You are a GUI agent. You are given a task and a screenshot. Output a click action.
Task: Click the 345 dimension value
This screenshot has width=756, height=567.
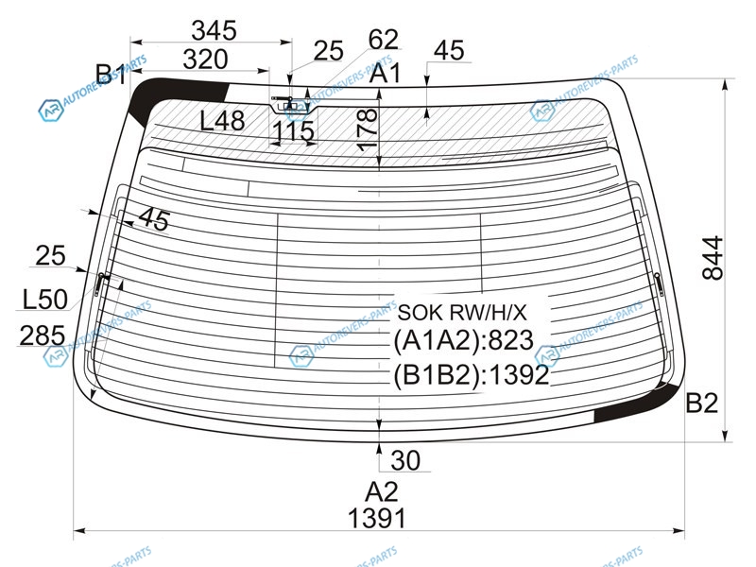(x=215, y=31)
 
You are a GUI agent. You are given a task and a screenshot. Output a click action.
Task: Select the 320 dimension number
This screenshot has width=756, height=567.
(x=205, y=60)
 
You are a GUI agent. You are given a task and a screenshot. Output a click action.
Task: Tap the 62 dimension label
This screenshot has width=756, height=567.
(x=384, y=40)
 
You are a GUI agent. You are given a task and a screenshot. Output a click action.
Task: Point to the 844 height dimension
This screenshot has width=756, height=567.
(x=713, y=258)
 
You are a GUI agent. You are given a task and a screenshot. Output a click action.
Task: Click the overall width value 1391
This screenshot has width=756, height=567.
(x=376, y=519)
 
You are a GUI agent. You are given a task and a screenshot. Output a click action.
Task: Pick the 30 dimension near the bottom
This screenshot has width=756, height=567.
(x=405, y=460)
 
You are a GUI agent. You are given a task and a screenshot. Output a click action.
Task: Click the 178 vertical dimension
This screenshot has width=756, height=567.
(x=368, y=129)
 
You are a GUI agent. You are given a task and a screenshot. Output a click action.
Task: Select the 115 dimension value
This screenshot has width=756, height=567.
(x=293, y=131)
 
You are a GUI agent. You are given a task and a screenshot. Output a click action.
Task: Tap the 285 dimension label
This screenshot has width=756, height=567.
(x=42, y=335)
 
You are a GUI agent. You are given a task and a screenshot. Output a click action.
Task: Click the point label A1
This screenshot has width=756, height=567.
(x=386, y=74)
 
